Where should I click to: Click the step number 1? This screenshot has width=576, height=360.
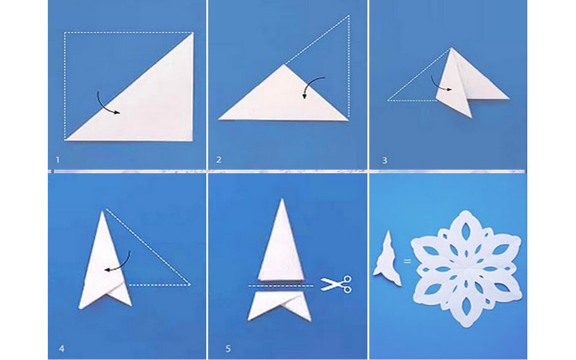click(x=58, y=160)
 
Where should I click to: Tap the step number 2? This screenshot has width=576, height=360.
click(x=219, y=160)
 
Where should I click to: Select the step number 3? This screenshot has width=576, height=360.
click(x=385, y=160)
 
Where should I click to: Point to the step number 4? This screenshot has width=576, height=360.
click(x=61, y=348)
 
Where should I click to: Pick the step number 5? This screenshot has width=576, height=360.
click(x=228, y=348)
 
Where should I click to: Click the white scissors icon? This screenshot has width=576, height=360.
click(x=336, y=284)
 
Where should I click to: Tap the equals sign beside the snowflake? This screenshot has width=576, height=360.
click(x=407, y=261)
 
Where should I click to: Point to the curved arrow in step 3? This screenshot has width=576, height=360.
click(x=438, y=85)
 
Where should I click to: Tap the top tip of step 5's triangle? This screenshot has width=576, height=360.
click(x=282, y=199)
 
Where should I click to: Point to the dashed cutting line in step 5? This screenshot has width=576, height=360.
click(x=281, y=286)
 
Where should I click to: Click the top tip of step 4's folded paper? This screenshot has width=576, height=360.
click(x=103, y=211)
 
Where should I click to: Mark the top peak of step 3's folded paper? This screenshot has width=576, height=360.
click(x=452, y=48)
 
